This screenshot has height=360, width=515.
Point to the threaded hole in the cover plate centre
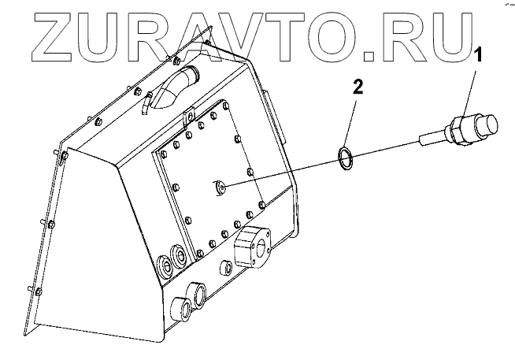pos(220,186)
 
